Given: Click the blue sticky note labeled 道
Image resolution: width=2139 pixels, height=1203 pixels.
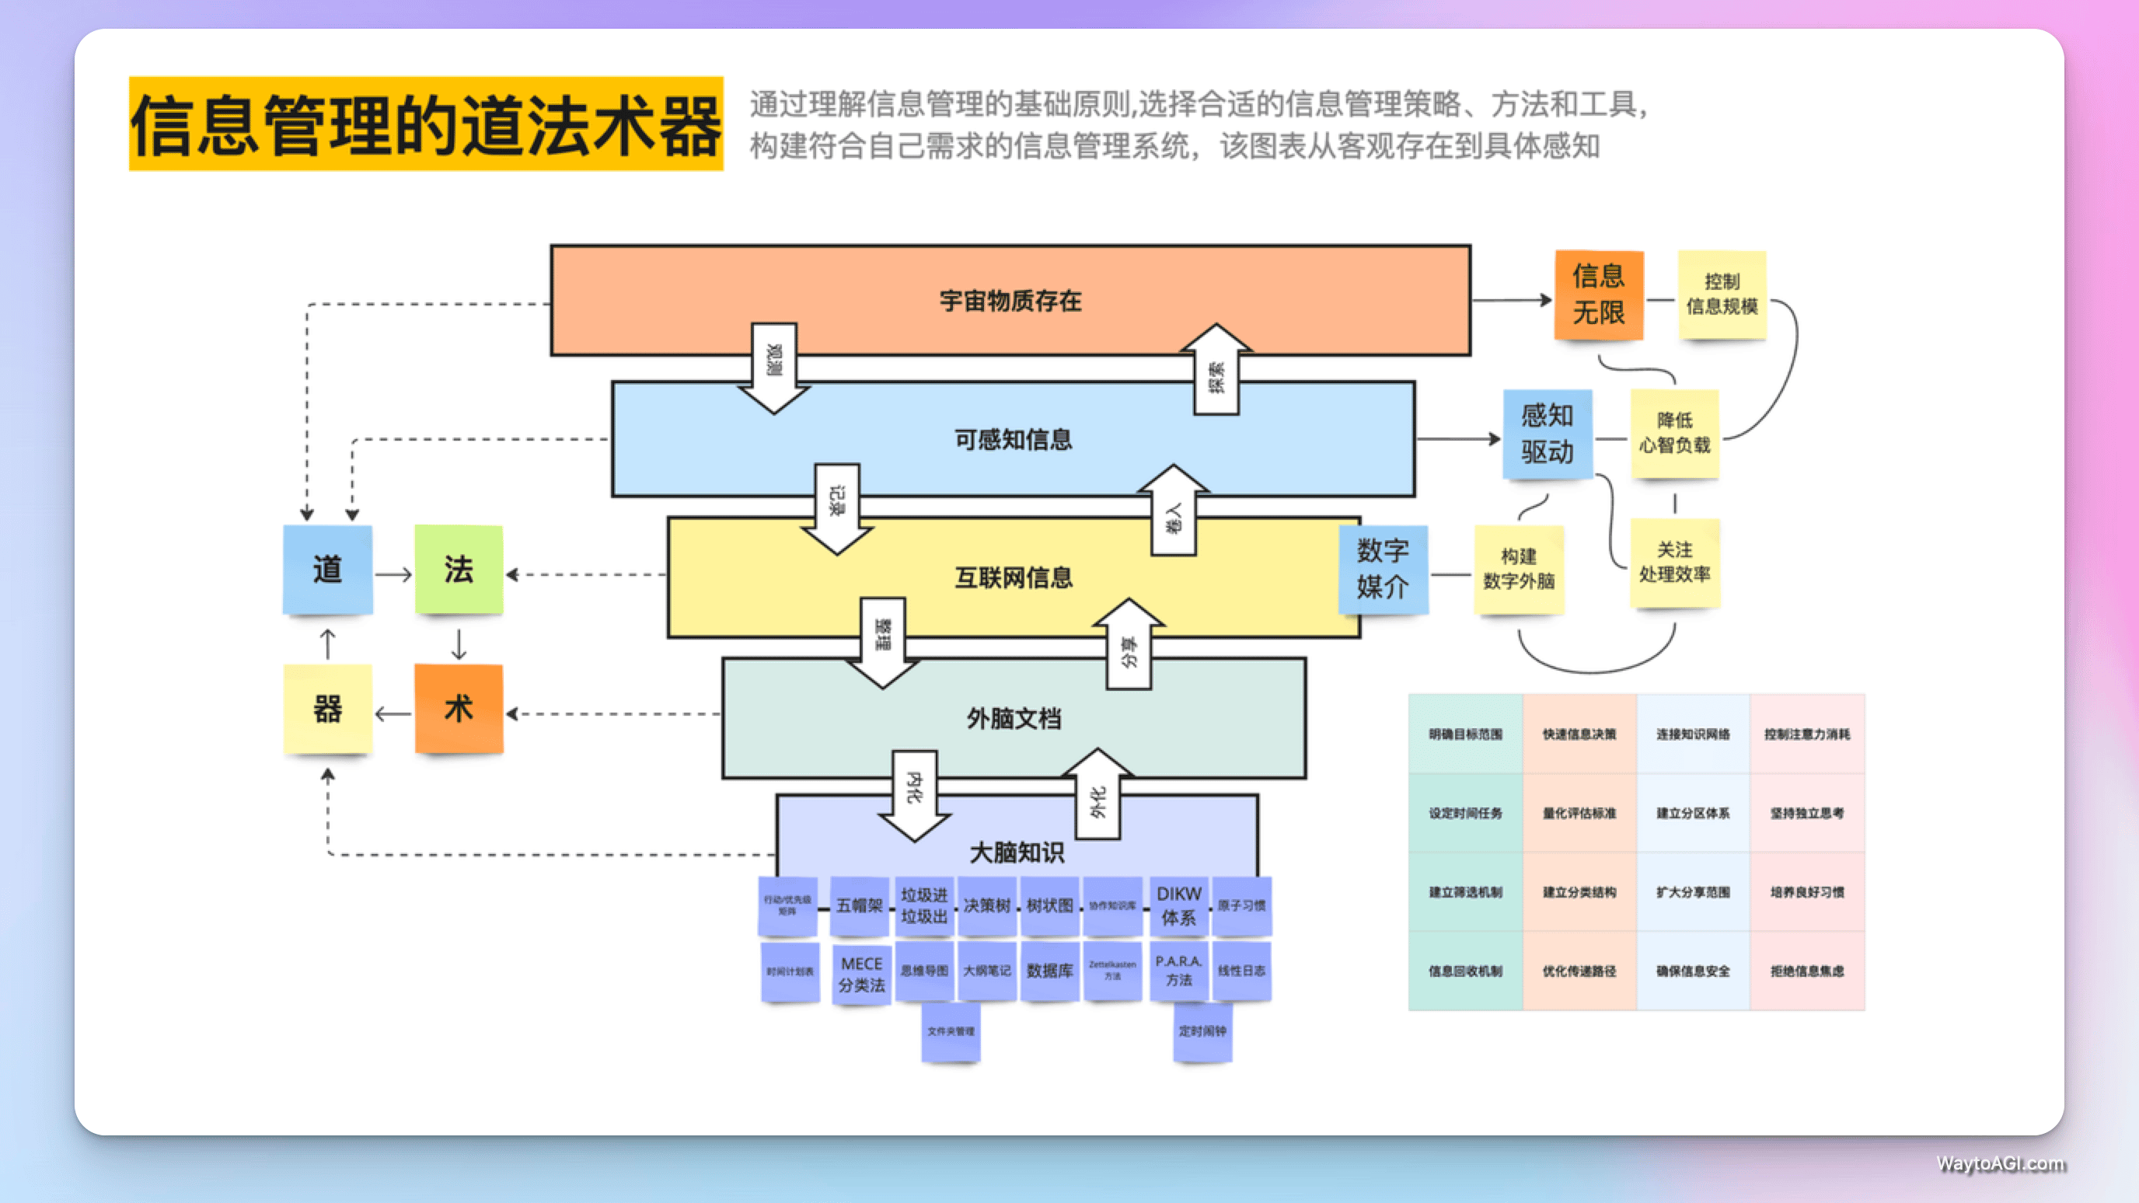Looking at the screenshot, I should [327, 570].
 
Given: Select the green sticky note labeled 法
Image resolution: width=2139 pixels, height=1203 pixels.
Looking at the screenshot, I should [459, 570].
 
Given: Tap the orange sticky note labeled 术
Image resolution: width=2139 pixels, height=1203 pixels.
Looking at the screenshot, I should [459, 709].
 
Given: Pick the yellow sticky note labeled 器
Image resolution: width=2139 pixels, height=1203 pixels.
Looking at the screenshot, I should [327, 709].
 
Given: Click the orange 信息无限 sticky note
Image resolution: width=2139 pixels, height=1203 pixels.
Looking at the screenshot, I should [1599, 295].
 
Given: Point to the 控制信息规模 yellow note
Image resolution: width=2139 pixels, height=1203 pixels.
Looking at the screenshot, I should [1722, 295].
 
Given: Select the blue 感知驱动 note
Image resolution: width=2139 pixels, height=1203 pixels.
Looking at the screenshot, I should [1547, 434].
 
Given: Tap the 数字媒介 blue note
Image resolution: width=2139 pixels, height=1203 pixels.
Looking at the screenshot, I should [1383, 569].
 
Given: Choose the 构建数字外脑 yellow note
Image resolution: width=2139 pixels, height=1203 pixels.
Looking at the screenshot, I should [1519, 569].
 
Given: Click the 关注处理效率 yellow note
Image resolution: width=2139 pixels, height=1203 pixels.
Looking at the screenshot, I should [1674, 562].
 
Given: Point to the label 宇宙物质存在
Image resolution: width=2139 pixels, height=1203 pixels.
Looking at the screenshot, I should [1010, 301].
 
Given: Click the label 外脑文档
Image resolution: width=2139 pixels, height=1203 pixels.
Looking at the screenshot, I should [1014, 718].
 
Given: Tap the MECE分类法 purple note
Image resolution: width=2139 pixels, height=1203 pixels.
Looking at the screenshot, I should [861, 974].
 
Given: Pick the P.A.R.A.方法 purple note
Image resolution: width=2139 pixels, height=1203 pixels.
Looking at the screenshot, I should [1178, 971].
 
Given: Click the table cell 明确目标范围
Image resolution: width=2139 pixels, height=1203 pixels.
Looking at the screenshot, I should [1466, 734].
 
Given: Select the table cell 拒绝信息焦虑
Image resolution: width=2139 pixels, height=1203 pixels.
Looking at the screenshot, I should [1807, 971].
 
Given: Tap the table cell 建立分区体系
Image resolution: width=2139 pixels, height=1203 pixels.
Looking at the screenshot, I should [1693, 813].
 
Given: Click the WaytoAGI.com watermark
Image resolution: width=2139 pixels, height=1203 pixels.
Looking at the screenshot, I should [2000, 1163].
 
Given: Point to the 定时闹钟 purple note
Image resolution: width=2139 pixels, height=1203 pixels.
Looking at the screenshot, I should [1202, 1031].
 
